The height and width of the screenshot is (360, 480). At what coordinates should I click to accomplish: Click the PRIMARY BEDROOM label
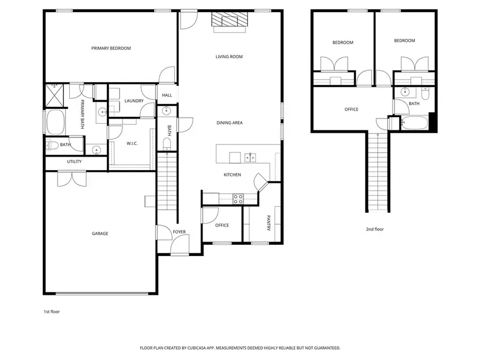point(111,49)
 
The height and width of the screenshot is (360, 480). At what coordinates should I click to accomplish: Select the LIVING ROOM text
point(229,57)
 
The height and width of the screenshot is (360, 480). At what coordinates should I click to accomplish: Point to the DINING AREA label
point(229,123)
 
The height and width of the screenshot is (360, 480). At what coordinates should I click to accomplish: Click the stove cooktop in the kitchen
point(238,199)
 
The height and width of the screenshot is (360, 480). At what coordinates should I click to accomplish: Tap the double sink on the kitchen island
point(249,157)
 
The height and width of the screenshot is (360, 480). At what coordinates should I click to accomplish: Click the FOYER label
point(179,232)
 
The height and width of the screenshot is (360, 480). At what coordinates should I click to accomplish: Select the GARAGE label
point(100,234)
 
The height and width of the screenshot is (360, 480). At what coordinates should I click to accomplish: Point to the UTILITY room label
point(74,162)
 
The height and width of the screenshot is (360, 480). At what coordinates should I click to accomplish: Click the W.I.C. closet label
point(132,143)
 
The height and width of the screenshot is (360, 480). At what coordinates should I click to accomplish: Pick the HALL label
point(167,95)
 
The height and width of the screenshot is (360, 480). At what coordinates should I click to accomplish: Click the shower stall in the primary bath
point(54,95)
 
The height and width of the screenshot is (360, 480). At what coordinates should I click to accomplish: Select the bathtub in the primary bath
point(55,122)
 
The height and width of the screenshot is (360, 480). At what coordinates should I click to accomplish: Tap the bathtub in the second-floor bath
point(414,124)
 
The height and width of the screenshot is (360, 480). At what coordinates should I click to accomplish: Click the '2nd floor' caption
point(374,229)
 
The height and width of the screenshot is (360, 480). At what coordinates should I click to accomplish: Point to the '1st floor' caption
point(52,311)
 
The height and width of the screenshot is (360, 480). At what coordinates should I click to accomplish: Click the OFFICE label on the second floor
point(351,110)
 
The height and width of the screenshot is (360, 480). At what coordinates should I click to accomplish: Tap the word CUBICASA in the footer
point(200,348)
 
